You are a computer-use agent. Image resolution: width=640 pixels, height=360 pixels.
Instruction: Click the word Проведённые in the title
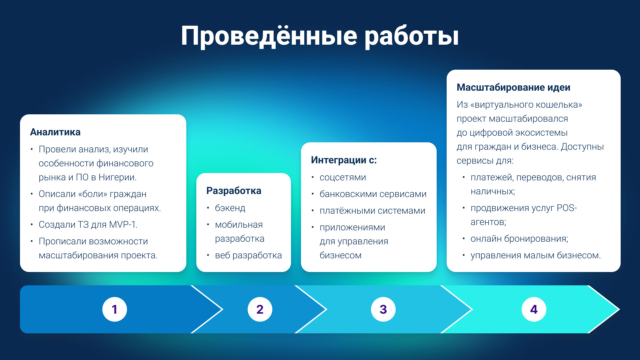click(269, 36)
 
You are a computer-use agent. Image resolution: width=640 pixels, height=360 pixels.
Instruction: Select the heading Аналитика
click(55, 132)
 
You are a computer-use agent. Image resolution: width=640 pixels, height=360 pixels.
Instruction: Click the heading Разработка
click(234, 191)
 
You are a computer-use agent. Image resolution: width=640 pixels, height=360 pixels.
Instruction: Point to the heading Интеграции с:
click(344, 160)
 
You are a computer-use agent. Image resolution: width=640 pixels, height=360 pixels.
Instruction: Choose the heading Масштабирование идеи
click(513, 87)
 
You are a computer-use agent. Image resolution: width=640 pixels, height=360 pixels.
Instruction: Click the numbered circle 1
click(115, 309)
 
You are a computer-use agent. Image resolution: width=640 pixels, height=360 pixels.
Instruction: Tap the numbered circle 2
click(260, 309)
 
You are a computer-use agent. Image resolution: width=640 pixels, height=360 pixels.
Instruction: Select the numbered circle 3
click(383, 309)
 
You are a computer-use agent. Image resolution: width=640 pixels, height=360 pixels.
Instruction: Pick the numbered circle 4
click(534, 309)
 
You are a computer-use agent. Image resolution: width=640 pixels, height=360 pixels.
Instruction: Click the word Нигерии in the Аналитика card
click(117, 178)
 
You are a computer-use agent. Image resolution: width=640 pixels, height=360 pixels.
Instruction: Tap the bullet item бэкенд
click(230, 208)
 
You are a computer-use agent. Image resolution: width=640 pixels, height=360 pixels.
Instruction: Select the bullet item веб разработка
click(248, 255)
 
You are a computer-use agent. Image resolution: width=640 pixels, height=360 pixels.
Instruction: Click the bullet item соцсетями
click(343, 178)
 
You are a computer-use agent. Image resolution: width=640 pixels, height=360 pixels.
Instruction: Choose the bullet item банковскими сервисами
click(373, 194)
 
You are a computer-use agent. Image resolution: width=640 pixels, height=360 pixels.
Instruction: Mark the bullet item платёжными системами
click(372, 211)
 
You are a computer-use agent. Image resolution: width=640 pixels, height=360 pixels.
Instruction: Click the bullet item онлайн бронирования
click(519, 239)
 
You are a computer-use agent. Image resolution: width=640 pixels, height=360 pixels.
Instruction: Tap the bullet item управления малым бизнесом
click(536, 255)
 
